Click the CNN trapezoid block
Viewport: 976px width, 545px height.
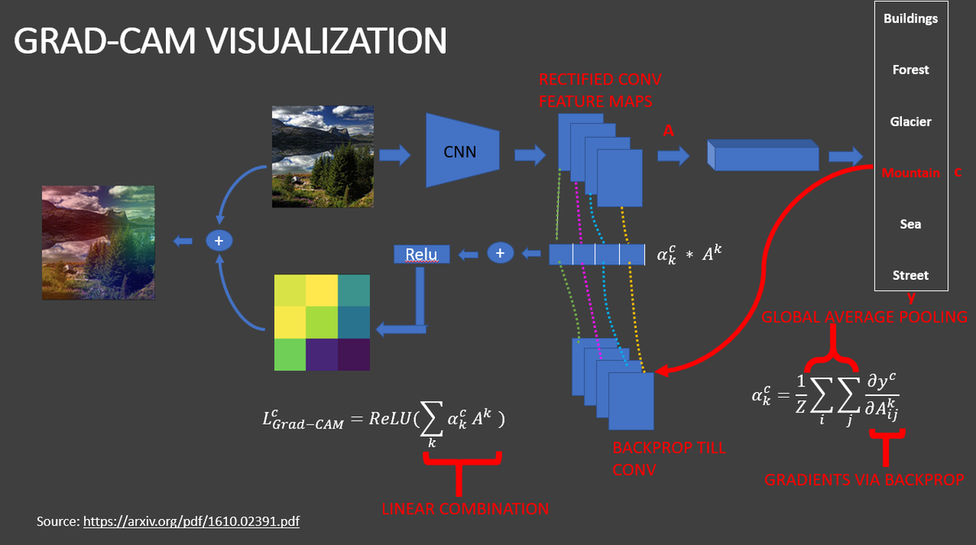coord(460,150)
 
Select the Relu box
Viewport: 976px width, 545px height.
coord(420,255)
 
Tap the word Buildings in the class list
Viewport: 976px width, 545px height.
coord(910,18)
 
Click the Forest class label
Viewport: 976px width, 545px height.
coord(910,70)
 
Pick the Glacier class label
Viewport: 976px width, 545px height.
coord(910,121)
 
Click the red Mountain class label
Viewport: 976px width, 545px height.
coord(910,172)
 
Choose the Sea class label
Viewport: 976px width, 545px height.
coord(910,224)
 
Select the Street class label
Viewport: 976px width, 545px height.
coord(910,275)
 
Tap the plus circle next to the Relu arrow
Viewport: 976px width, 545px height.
coord(499,254)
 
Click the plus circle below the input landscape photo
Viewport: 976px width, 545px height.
coord(218,240)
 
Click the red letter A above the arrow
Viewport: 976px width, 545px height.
coord(668,130)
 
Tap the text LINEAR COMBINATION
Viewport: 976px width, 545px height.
coord(465,509)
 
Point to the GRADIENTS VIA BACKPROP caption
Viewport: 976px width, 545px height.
coord(864,480)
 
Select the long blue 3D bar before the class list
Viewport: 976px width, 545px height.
coord(763,155)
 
